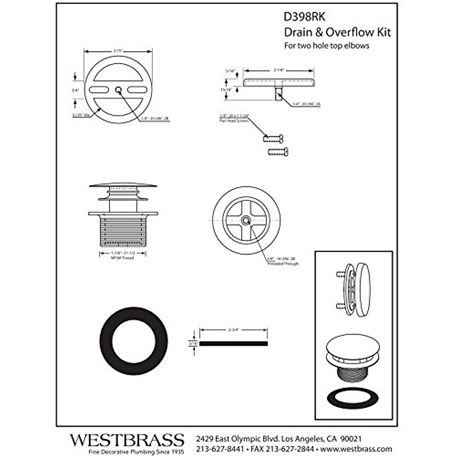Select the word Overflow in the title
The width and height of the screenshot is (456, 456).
pyautogui.click(x=346, y=32)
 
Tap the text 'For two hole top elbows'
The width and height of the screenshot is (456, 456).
pyautogui.click(x=327, y=46)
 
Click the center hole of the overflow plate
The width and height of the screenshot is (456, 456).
pyautogui.click(x=118, y=90)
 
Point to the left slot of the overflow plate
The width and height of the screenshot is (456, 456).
pyautogui.click(x=98, y=90)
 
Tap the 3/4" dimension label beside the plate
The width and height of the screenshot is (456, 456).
pyautogui.click(x=75, y=90)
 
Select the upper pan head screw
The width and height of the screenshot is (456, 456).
pyautogui.click(x=273, y=139)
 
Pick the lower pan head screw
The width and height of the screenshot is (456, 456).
pyautogui.click(x=278, y=152)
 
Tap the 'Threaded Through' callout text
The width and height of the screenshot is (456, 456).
pyautogui.click(x=283, y=264)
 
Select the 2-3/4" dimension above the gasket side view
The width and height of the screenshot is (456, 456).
pyautogui.click(x=234, y=330)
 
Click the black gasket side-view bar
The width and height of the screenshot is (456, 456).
pyautogui.click(x=233, y=344)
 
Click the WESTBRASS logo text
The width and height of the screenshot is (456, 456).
pyautogui.click(x=127, y=440)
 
